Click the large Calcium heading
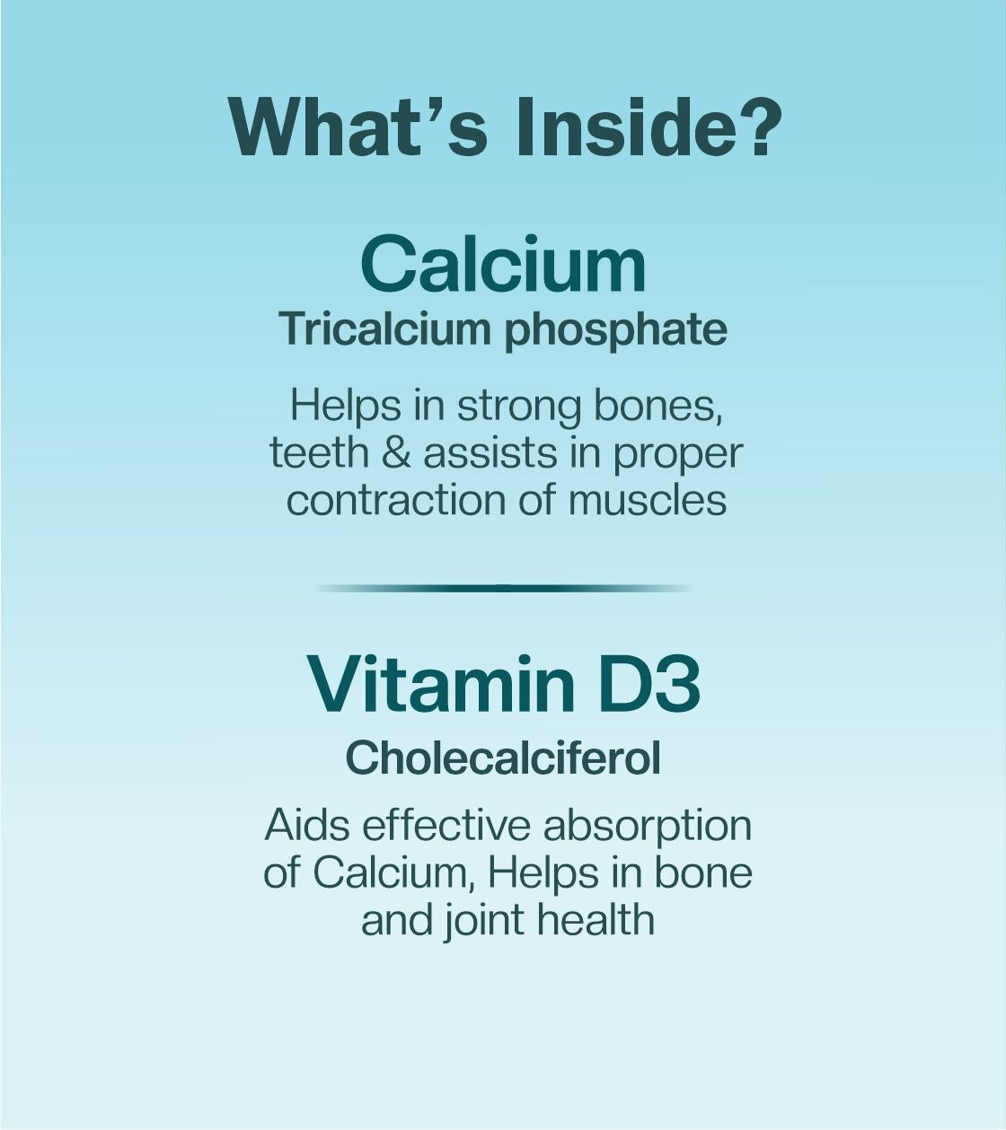coord(503,264)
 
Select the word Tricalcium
coord(387,329)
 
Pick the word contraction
coord(396,500)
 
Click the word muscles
coord(648,499)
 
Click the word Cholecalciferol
coord(503,758)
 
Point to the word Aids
coord(309,826)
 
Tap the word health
coord(596,919)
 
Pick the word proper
coord(678,456)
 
